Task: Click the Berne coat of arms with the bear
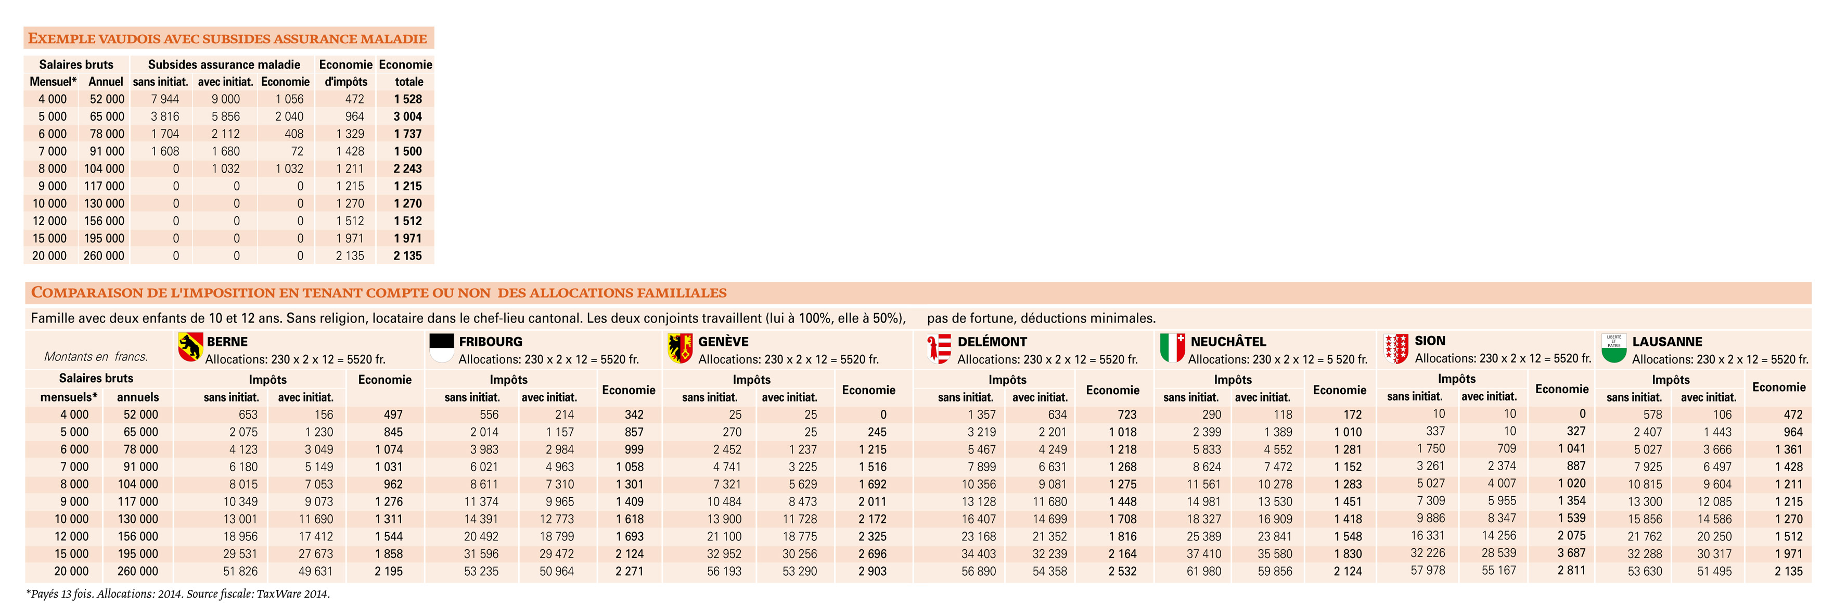tap(190, 347)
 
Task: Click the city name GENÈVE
tap(723, 342)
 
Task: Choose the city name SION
tap(1430, 341)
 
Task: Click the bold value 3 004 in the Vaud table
tap(408, 117)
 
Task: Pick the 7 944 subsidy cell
tap(165, 99)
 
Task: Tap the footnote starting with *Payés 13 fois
tap(178, 594)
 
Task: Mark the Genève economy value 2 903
tap(873, 571)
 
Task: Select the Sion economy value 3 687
tap(1571, 553)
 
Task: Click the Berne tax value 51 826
tap(240, 571)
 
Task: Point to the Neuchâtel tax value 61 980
tap(1204, 571)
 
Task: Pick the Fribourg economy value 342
tap(634, 415)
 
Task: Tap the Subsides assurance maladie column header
tap(224, 64)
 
